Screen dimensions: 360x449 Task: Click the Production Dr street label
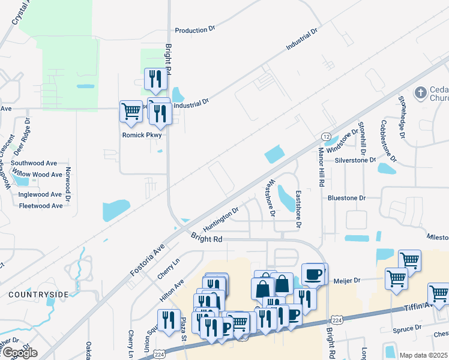[194, 29]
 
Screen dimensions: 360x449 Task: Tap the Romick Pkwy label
[142, 135]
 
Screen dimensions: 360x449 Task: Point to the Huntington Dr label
[221, 219]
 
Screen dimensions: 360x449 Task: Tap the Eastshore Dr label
[298, 209]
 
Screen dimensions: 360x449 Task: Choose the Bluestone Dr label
[346, 197]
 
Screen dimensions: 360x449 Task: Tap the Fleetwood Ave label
[41, 206]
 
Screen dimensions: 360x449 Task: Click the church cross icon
[421, 93]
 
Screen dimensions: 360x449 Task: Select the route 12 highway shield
[326, 137]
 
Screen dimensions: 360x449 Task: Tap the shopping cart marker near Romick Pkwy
[131, 111]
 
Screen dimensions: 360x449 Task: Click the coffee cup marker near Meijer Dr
[313, 274]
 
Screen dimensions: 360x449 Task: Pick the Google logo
[19, 353]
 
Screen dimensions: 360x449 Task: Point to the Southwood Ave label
[34, 163]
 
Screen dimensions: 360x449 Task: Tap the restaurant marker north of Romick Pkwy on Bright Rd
[154, 78]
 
